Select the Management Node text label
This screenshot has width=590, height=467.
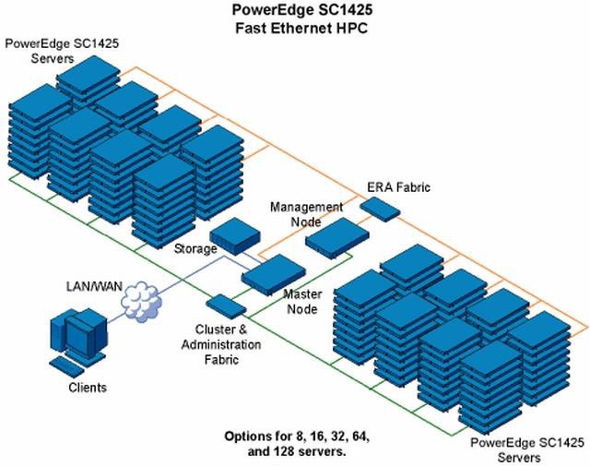pyautogui.click(x=307, y=214)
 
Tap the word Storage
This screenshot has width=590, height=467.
pyautogui.click(x=195, y=249)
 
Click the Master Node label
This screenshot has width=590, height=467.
pyautogui.click(x=301, y=301)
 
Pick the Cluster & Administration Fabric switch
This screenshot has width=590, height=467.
pyautogui.click(x=226, y=305)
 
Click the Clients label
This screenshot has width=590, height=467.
pyautogui.click(x=87, y=388)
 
